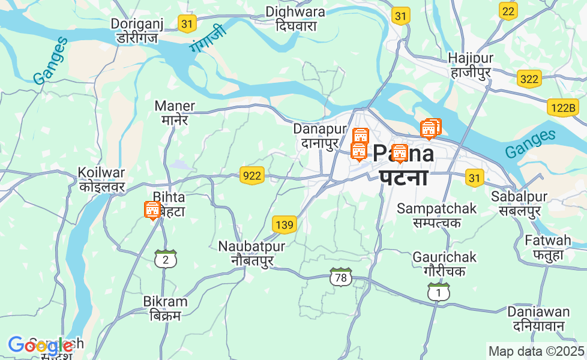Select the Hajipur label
[471, 65]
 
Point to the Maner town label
[175, 112]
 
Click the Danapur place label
[321, 136]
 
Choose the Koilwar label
[101, 179]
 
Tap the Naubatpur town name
[251, 253]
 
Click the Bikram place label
[165, 308]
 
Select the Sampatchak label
[436, 215]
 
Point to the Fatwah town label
[548, 247]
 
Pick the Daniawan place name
[538, 319]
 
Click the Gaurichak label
[444, 264]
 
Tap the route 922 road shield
[252, 175]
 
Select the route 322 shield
[529, 79]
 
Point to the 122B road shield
[562, 108]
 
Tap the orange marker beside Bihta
[152, 210]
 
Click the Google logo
[40, 346]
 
